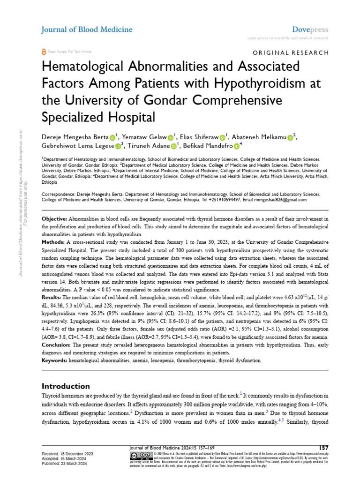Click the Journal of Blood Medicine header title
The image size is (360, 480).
click(87, 30)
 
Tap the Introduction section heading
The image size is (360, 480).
click(66, 386)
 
